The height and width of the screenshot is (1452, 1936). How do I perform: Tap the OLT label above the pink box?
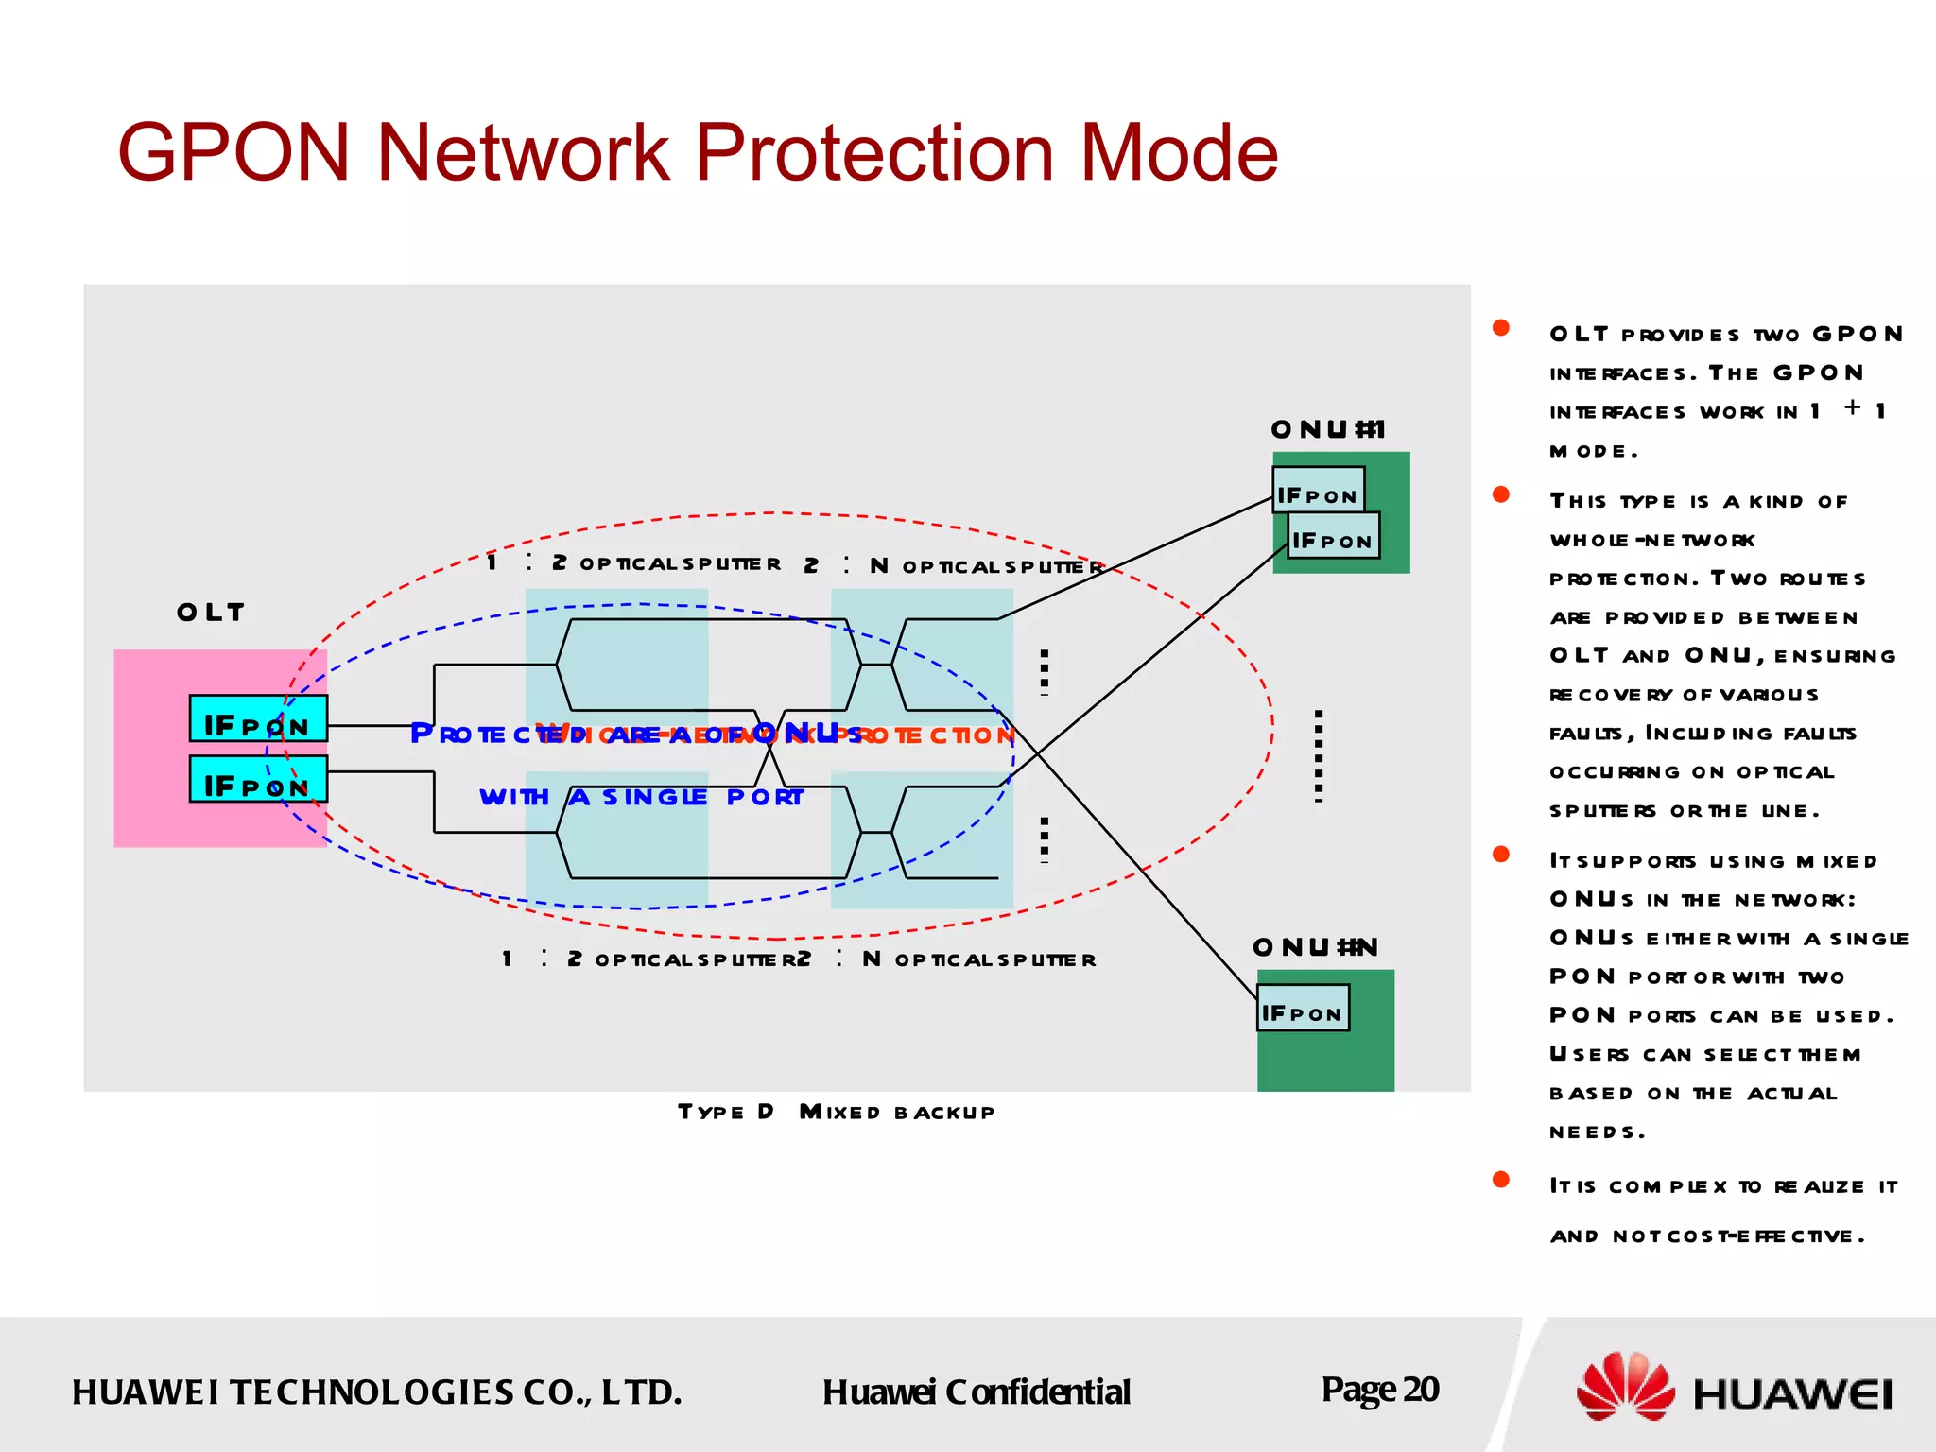pyautogui.click(x=211, y=613)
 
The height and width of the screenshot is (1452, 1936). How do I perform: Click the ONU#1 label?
pyautogui.click(x=1328, y=430)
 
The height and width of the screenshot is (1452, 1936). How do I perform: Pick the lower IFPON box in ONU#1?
pyautogui.click(x=1333, y=535)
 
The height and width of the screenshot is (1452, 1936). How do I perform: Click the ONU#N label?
pyautogui.click(x=1315, y=947)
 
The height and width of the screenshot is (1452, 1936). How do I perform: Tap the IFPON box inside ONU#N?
pyautogui.click(x=1303, y=1008)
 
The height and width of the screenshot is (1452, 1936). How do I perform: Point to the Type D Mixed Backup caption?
pyautogui.click(x=836, y=1112)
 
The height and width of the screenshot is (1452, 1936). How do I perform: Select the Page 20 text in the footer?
pyautogui.click(x=1380, y=1390)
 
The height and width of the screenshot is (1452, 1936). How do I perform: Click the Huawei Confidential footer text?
pyautogui.click(x=976, y=1392)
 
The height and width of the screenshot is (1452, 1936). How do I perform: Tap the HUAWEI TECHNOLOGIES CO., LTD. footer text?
pyautogui.click(x=376, y=1392)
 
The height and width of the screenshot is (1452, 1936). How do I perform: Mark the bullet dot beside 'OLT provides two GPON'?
pyautogui.click(x=1500, y=328)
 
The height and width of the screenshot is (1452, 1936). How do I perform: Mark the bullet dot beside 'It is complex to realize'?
pyautogui.click(x=1500, y=1179)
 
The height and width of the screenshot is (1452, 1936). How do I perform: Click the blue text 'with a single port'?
pyautogui.click(x=641, y=797)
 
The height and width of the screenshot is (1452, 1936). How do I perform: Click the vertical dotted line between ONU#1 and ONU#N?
pyautogui.click(x=1319, y=756)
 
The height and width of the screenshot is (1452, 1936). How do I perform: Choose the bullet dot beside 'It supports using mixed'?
pyautogui.click(x=1500, y=855)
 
